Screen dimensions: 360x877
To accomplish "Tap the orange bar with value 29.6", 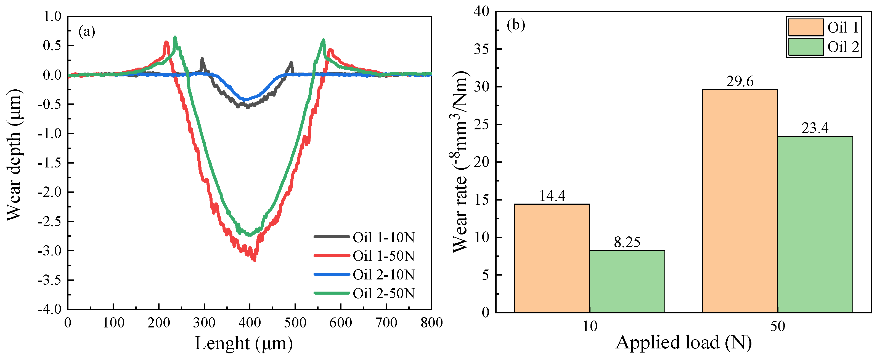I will click(x=740, y=201).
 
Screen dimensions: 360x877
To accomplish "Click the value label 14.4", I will click(x=552, y=196).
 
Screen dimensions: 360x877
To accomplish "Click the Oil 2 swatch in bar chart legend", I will click(x=806, y=47).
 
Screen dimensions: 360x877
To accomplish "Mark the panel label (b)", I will click(x=516, y=25).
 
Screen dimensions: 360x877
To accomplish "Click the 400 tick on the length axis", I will click(x=250, y=322).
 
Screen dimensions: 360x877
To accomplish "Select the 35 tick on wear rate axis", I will click(x=481, y=49).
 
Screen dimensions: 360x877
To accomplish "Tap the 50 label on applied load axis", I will click(x=778, y=326).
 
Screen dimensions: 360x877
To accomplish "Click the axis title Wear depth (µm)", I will click(x=14, y=155).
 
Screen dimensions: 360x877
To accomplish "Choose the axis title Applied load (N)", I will click(x=683, y=342).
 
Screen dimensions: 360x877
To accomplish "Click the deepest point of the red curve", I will click(x=254, y=260).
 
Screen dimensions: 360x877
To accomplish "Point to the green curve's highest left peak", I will click(x=175, y=38).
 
